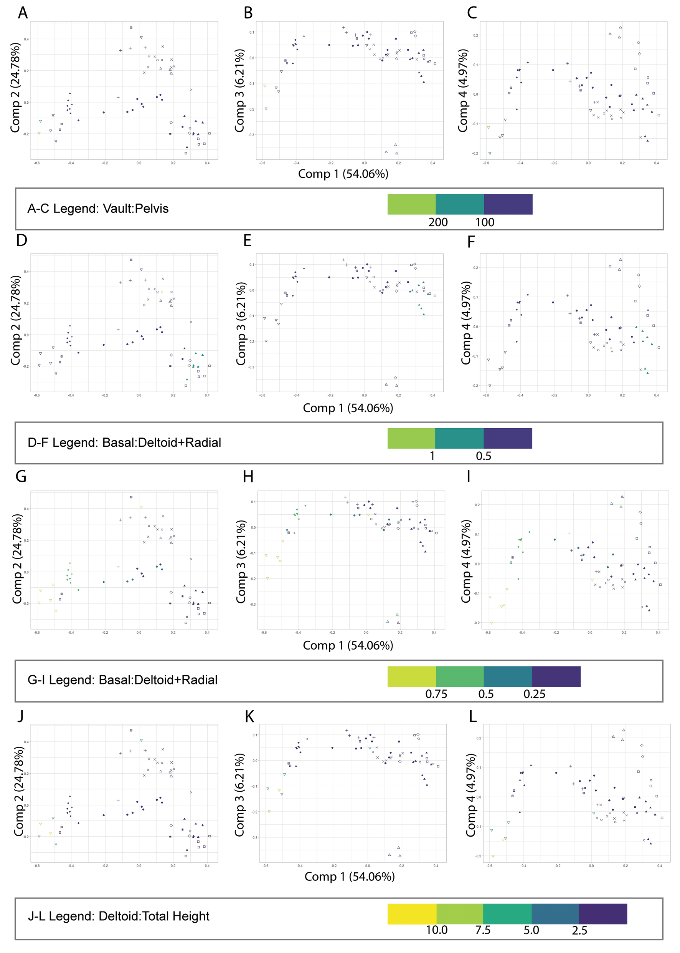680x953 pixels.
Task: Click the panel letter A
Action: pyautogui.click(x=23, y=13)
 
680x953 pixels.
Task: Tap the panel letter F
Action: pyautogui.click(x=471, y=242)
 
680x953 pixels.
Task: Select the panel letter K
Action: pyautogui.click(x=249, y=717)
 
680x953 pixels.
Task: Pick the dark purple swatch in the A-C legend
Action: pyautogui.click(x=508, y=204)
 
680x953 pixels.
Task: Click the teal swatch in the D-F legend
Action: pyautogui.click(x=459, y=438)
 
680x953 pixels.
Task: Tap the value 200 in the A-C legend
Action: pyautogui.click(x=438, y=222)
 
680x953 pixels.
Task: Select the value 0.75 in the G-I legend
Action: pyautogui.click(x=436, y=694)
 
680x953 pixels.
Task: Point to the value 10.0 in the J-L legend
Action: pyautogui.click(x=436, y=930)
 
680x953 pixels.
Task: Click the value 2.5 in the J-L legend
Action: pyautogui.click(x=579, y=930)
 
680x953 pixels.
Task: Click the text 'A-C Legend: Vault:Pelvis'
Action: pyautogui.click(x=98, y=208)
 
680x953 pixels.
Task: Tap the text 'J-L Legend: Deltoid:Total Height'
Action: pyautogui.click(x=119, y=916)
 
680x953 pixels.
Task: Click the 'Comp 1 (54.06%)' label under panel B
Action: pyautogui.click(x=343, y=174)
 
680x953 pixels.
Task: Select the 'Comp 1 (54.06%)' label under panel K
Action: pyautogui.click(x=350, y=877)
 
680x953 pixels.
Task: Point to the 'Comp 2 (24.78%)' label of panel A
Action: pyautogui.click(x=15, y=88)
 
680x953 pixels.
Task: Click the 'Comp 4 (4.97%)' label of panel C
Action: pyautogui.click(x=463, y=91)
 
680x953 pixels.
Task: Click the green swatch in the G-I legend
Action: pyautogui.click(x=459, y=676)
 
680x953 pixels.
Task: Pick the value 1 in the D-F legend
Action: pyautogui.click(x=432, y=456)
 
